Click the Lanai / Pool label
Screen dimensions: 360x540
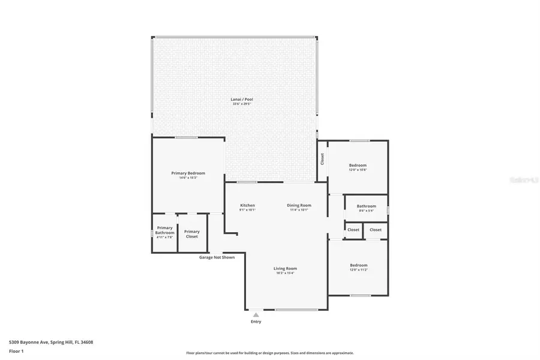tap(238, 99)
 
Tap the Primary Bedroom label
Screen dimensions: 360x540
tap(188, 173)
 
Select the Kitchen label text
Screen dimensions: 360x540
tap(247, 205)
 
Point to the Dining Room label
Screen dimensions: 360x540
tap(299, 205)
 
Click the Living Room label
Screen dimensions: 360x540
tap(286, 268)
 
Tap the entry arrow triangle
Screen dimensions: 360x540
tap(256, 314)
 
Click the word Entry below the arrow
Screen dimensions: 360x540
tap(256, 322)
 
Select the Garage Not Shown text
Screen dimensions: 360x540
tap(217, 257)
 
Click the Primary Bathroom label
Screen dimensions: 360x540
tap(164, 230)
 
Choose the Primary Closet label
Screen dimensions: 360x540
tap(192, 234)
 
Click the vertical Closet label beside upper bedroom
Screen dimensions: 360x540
tap(322, 159)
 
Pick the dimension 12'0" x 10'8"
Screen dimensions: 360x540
tap(358, 170)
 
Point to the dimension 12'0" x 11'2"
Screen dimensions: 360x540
tap(358, 270)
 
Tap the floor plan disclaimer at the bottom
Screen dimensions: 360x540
tap(269, 353)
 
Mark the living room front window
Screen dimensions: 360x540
tap(296, 310)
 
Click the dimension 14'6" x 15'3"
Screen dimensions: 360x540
tap(188, 178)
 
